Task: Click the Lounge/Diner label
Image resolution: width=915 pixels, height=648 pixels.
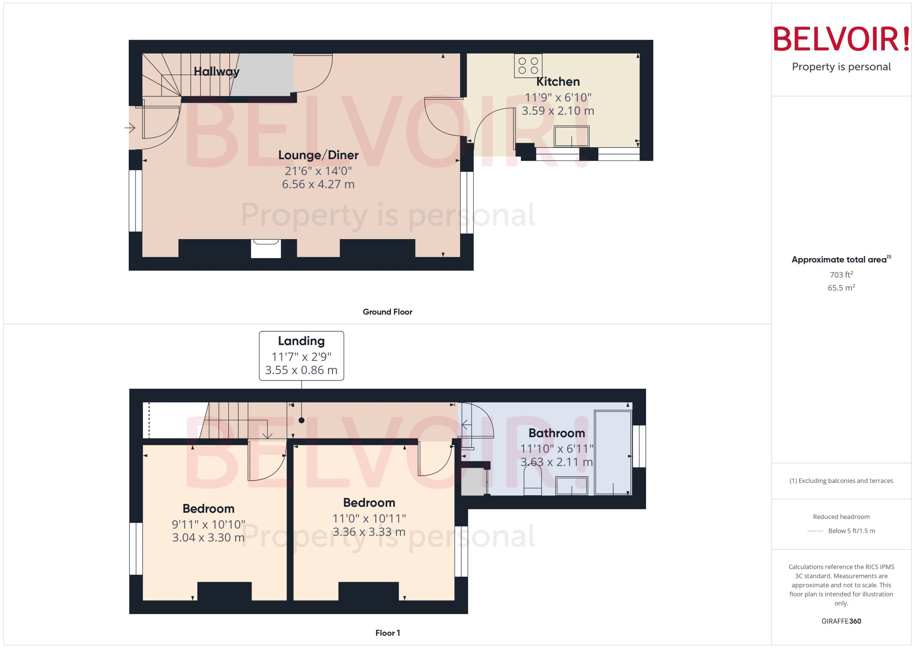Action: [x=318, y=155]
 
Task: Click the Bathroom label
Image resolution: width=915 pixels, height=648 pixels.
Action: [x=557, y=433]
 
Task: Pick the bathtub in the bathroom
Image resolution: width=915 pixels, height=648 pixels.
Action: [x=613, y=453]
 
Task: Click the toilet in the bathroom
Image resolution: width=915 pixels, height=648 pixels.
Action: [x=532, y=481]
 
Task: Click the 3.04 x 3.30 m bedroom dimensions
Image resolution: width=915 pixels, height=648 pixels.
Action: [x=208, y=538]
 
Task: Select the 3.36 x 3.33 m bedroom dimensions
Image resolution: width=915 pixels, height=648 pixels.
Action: [x=369, y=532]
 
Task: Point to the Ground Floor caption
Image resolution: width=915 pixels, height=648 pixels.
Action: [x=387, y=312]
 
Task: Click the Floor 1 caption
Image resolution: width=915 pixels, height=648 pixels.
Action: [x=387, y=633]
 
